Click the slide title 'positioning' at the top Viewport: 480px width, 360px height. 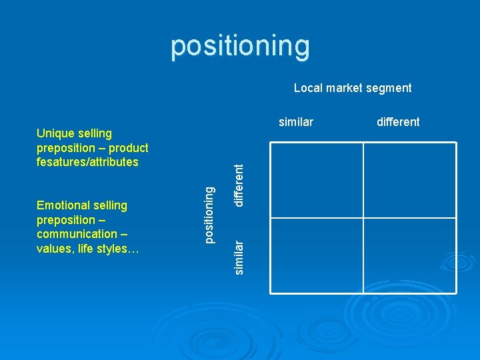point(240,46)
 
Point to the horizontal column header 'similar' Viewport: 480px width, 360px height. point(296,121)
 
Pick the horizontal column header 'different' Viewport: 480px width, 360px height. point(398,121)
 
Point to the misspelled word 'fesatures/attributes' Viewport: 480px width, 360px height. point(87,162)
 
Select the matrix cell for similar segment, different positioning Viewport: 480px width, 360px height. point(317,180)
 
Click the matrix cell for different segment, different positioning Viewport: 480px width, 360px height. point(410,180)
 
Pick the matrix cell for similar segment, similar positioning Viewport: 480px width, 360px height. point(317,255)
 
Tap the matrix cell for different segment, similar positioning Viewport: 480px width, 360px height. point(410,255)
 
